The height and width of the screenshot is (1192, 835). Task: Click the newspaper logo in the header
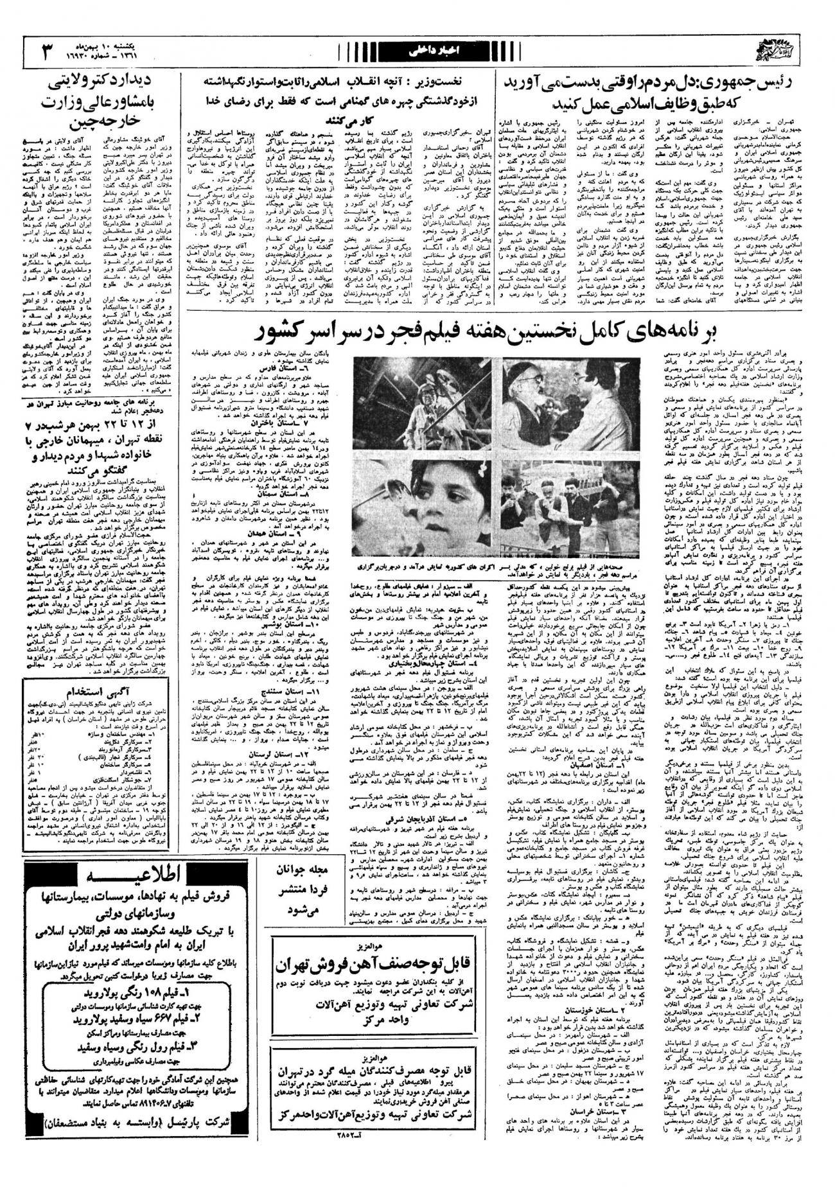point(799,50)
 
